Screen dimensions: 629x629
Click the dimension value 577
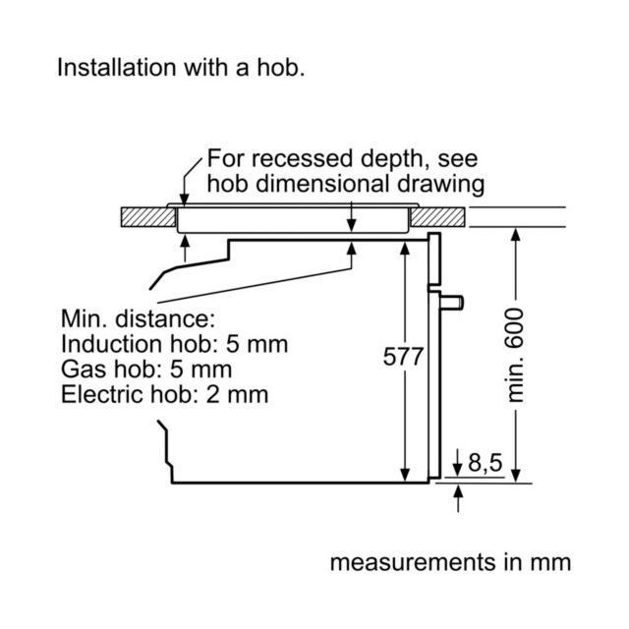pos(403,357)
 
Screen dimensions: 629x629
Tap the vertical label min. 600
pos(515,355)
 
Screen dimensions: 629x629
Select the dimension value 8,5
pos(485,462)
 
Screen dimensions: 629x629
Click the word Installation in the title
pos(117,67)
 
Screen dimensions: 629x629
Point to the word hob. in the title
pos(281,67)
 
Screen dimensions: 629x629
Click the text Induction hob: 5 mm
pos(175,344)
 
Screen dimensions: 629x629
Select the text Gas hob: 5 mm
pos(146,370)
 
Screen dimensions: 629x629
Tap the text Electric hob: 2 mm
pos(164,394)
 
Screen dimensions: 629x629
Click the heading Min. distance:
pos(138,318)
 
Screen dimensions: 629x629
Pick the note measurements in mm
pos(450,562)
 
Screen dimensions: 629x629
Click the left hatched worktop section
pos(148,217)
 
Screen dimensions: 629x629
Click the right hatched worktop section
pos(437,217)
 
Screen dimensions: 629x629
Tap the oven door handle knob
pos(452,302)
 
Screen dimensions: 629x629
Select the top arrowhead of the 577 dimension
pos(405,249)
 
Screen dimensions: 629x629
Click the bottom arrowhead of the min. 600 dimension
pos(516,476)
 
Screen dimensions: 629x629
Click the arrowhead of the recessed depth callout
pos(184,200)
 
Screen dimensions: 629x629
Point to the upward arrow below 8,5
pos(458,498)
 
